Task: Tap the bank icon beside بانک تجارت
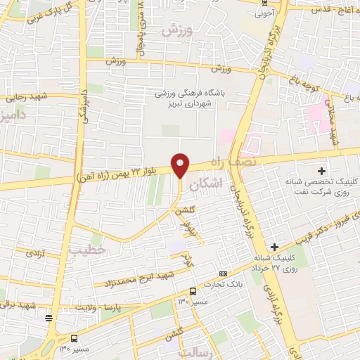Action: pos(223,273)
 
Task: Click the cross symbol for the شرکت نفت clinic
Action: pos(322,171)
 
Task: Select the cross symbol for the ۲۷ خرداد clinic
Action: pos(275,247)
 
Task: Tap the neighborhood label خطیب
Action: pos(87,250)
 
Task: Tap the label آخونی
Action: pos(264,12)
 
